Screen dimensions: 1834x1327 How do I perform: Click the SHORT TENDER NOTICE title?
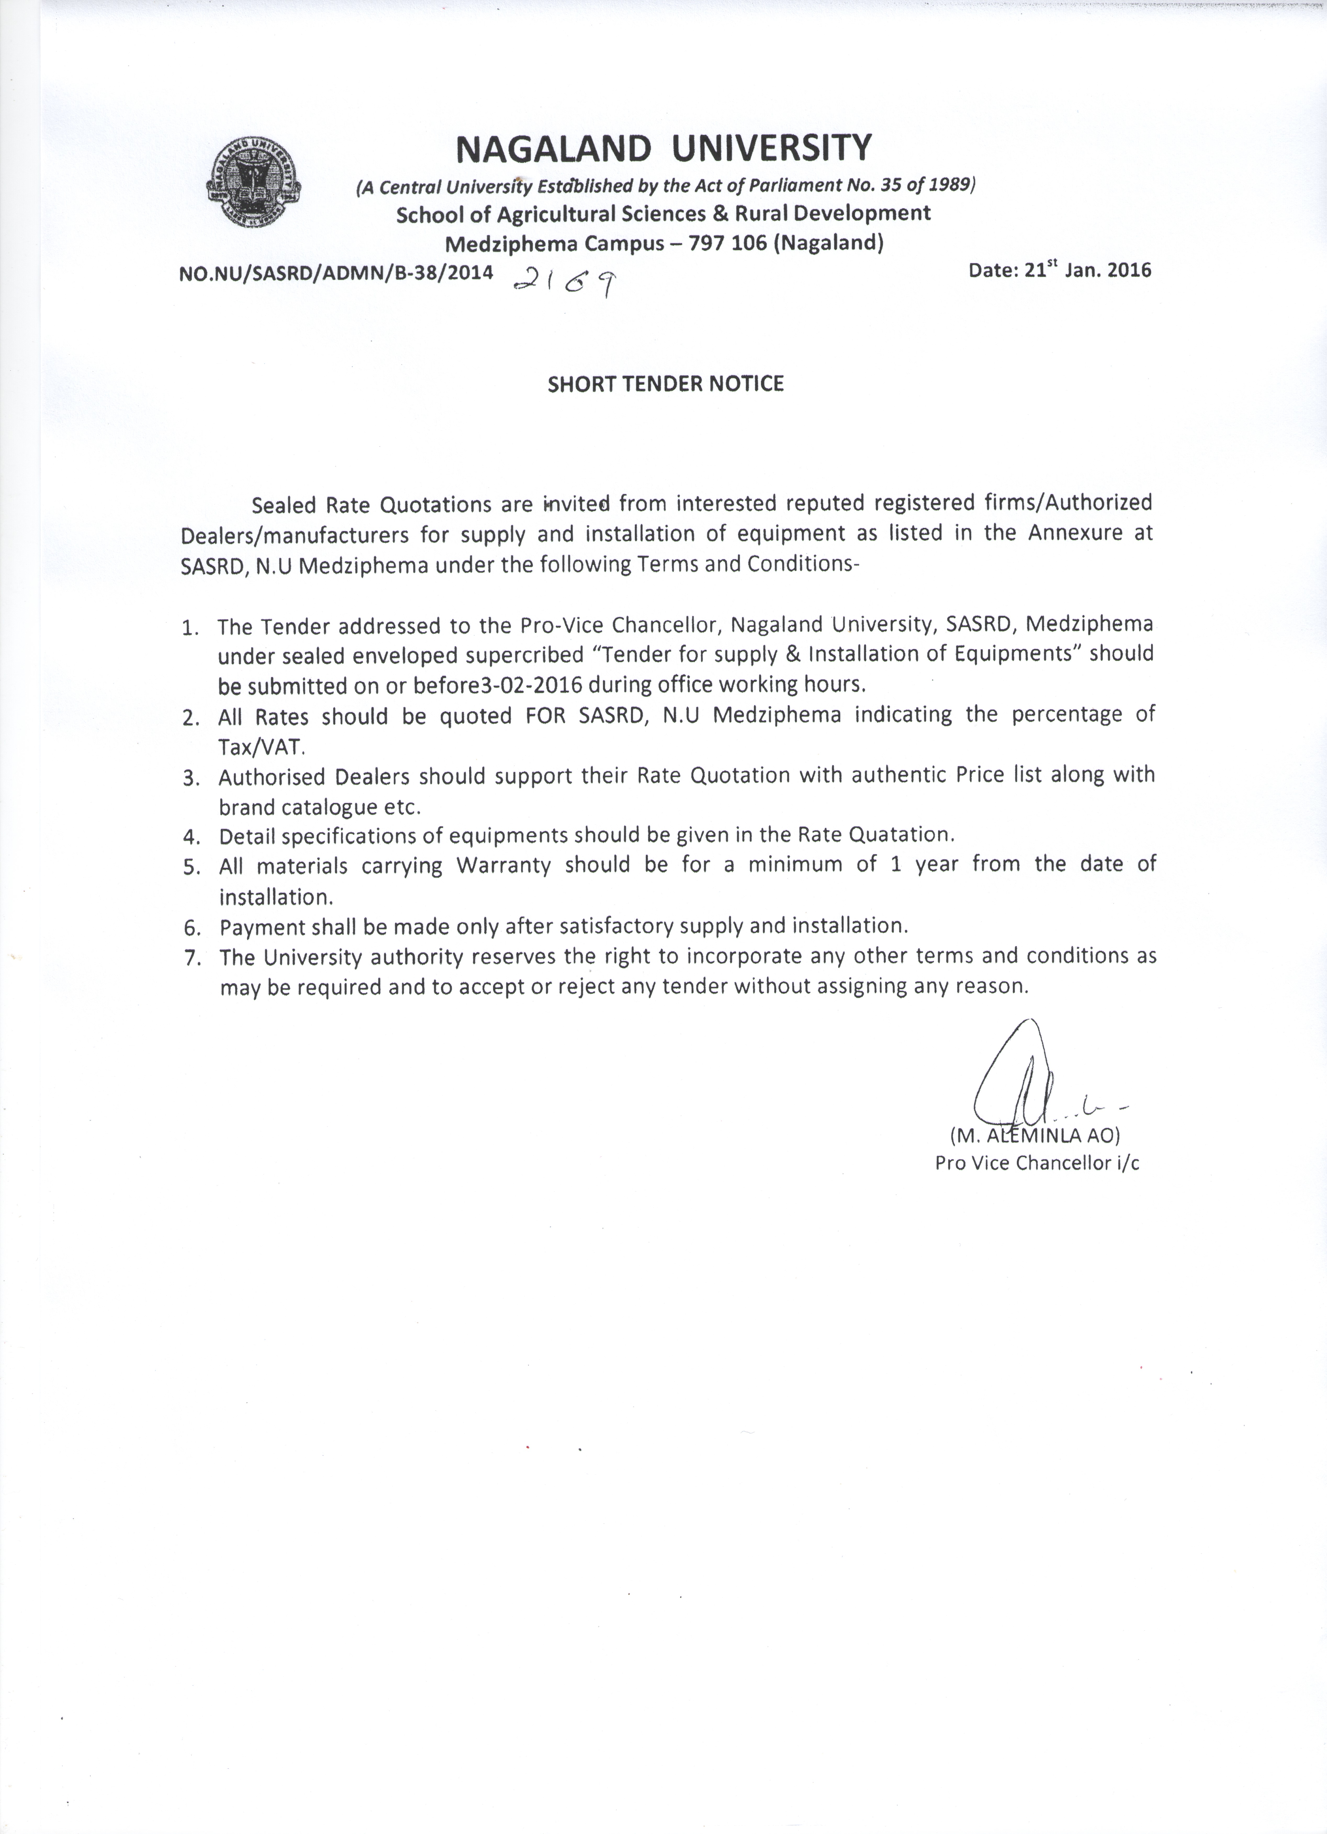click(665, 383)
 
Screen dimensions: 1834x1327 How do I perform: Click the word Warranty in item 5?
click(503, 865)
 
